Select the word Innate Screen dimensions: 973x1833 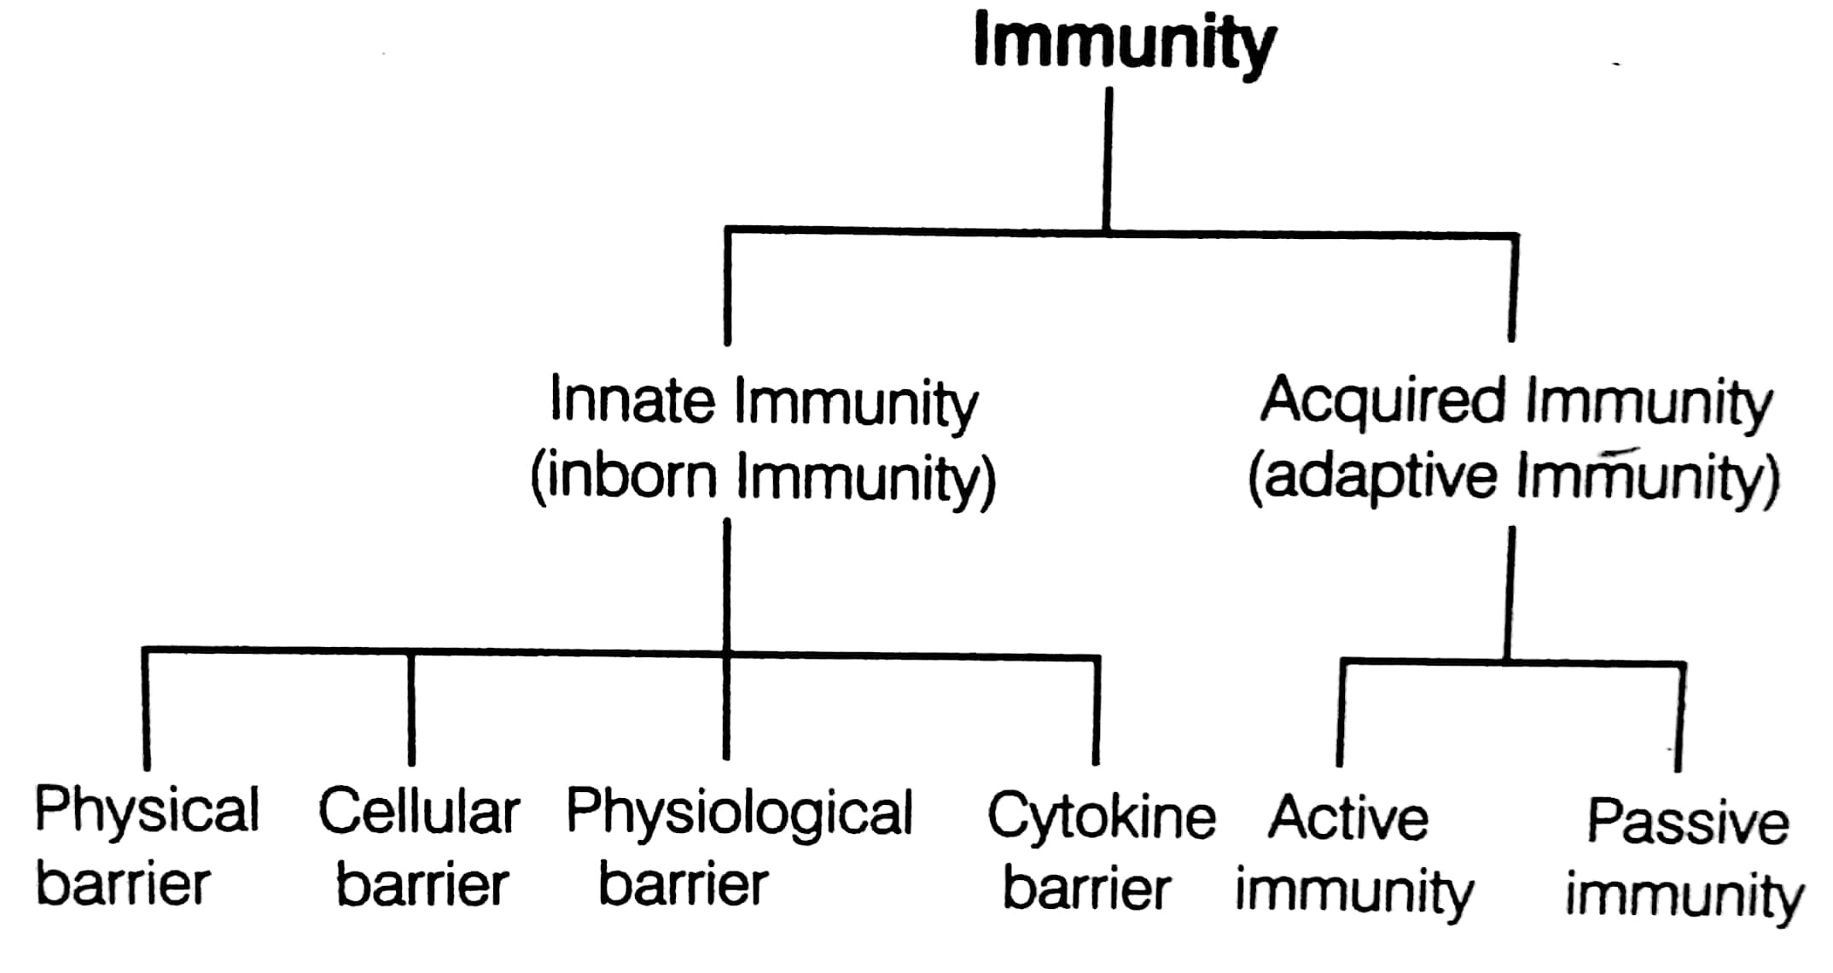tap(632, 399)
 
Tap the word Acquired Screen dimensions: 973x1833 tap(1383, 399)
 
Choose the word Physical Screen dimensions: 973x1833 tap(147, 811)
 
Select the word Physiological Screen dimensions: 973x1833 tap(740, 813)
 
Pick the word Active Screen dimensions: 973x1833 tap(1348, 818)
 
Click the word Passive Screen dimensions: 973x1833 tap(1687, 821)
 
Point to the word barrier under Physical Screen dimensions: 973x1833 tap(123, 884)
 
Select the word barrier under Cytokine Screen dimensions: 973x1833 tap(1086, 889)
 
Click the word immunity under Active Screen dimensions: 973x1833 tap(1354, 893)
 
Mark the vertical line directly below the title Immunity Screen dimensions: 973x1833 tap(1108, 158)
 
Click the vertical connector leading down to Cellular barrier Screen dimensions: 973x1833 tap(411, 708)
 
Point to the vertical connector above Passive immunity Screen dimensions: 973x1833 tap(1680, 717)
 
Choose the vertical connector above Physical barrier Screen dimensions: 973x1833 tap(146, 708)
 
